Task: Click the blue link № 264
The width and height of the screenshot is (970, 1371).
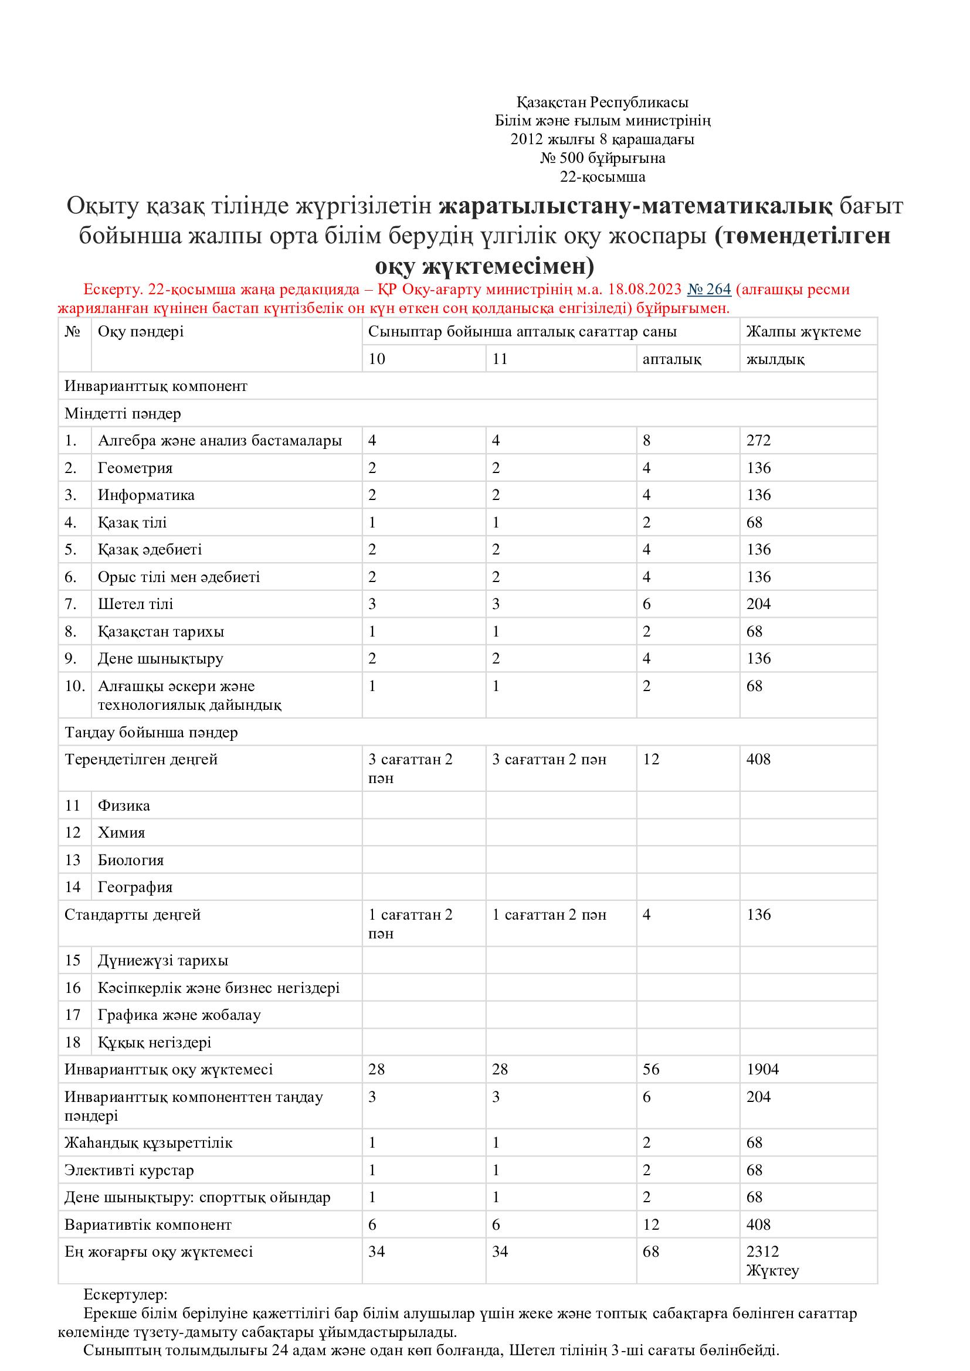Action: [x=709, y=290]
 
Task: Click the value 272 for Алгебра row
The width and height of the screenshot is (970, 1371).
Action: [x=758, y=441]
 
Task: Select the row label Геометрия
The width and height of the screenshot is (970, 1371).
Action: [x=135, y=468]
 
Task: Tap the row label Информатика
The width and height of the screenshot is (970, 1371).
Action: [x=147, y=495]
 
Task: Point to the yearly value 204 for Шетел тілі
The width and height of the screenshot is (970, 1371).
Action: [x=758, y=604]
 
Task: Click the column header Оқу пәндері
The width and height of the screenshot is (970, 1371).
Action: [x=141, y=332]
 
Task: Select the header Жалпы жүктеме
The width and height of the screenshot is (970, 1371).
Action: [x=803, y=332]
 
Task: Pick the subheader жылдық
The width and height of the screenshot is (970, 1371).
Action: [x=775, y=359]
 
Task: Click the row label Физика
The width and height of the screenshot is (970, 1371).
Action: [x=124, y=805]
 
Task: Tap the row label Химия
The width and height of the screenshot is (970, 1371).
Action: [x=121, y=833]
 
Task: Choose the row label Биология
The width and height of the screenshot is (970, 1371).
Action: [x=131, y=860]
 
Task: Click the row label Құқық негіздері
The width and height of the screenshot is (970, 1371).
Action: [x=155, y=1043]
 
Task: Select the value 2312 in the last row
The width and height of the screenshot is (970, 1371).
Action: [x=763, y=1251]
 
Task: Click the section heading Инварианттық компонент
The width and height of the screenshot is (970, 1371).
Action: [x=156, y=386]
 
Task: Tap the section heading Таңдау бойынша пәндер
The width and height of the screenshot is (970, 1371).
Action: [x=151, y=733]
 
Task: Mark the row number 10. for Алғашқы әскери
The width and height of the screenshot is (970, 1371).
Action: [x=75, y=686]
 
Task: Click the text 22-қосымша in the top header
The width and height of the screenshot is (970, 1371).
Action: [x=602, y=177]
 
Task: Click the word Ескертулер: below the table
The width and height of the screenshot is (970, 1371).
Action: [x=126, y=1295]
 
